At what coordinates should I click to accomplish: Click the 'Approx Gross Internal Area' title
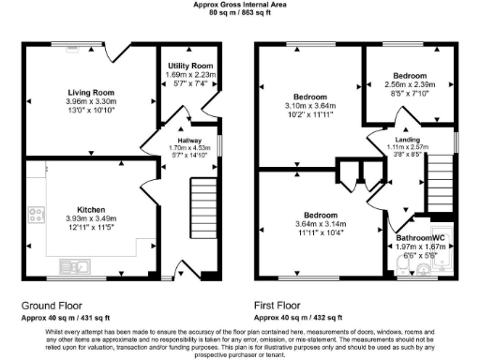[240, 5]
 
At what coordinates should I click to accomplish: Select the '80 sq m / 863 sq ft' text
[240, 13]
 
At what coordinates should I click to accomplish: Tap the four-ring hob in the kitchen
[37, 216]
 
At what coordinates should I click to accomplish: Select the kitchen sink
[76, 263]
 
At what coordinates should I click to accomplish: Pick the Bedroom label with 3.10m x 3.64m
[309, 97]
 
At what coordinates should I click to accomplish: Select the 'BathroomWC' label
[418, 239]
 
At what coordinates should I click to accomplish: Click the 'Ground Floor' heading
[54, 306]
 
